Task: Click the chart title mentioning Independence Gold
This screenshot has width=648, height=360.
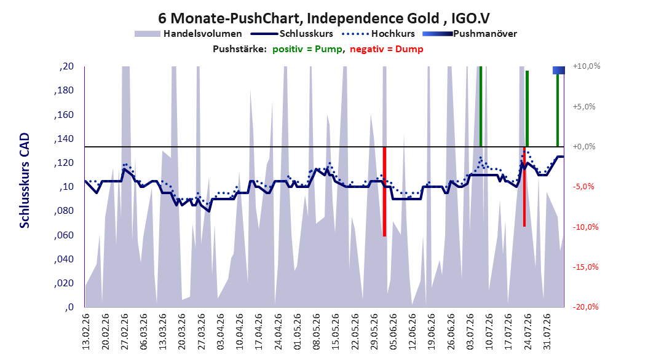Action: (323, 18)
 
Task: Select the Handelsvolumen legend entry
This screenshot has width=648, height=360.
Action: (189, 34)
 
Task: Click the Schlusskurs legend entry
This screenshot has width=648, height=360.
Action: (292, 34)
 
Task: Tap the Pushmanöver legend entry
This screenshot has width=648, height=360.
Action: (470, 34)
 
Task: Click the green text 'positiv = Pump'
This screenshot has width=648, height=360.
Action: (307, 49)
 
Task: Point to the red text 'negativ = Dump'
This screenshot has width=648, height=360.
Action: (387, 49)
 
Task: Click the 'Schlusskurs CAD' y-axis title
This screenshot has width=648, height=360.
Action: (25, 180)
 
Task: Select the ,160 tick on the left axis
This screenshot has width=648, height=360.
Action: (64, 114)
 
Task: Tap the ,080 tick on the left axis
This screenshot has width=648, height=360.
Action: (64, 211)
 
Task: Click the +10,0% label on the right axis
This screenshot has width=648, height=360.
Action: (587, 66)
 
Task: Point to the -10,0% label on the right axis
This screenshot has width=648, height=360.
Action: (585, 227)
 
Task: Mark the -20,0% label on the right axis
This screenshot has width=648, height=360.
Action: (585, 307)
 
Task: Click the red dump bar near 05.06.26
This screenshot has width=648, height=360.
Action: (384, 192)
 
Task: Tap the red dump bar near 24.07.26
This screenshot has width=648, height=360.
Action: (524, 187)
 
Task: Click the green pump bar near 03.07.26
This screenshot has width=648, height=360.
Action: (481, 106)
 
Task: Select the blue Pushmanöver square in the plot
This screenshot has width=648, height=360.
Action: (559, 70)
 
